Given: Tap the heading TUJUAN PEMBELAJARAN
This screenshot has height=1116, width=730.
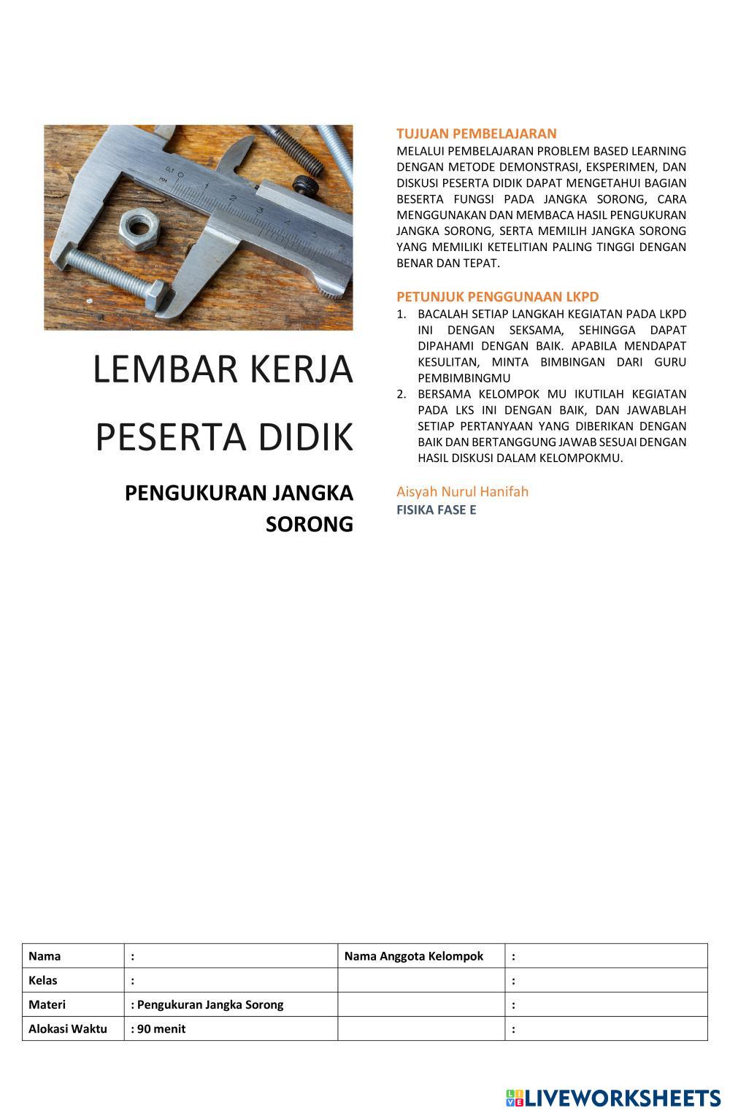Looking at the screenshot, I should (x=476, y=134).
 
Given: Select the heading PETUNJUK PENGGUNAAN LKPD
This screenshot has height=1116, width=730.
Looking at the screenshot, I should (x=497, y=296).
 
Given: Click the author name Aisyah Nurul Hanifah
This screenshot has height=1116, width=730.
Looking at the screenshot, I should (x=462, y=491).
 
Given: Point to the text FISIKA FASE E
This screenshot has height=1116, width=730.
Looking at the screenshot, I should (x=436, y=509).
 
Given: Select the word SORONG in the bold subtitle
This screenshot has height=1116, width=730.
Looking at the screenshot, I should (x=310, y=524).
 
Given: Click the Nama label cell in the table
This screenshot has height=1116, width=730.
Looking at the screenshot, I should (x=45, y=956).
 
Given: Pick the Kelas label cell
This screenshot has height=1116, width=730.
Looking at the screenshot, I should (x=43, y=980).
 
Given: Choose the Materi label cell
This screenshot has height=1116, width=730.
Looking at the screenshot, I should (x=47, y=1004).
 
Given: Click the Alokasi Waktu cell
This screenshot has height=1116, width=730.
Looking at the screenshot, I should (x=67, y=1028).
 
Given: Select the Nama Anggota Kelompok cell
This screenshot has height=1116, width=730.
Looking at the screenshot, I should (x=413, y=956).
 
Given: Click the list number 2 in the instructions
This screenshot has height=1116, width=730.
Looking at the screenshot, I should (x=401, y=394).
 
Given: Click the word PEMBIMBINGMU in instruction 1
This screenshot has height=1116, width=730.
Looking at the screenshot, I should (x=464, y=378).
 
